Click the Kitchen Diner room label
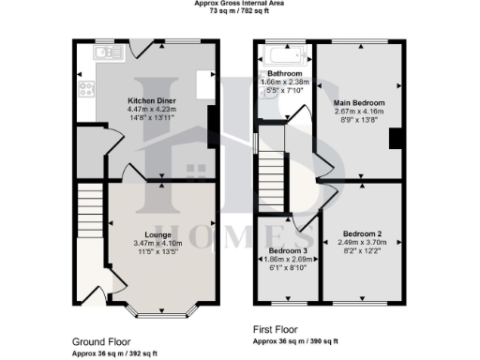[147, 97]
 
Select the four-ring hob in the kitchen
[87, 91]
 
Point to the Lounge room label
[157, 234]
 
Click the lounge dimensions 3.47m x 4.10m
[157, 243]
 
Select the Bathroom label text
[284, 73]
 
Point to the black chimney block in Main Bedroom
[396, 138]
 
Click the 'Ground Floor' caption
[101, 342]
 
